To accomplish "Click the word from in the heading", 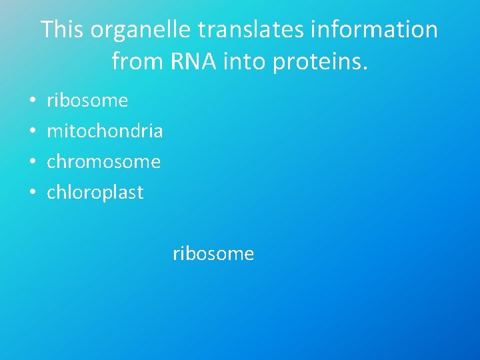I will coord(132,61).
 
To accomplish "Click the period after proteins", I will coord(365,68).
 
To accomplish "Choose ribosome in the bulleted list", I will coord(87,101).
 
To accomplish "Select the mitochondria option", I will coord(105,131).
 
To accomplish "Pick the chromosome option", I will coord(103,162).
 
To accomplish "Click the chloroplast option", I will coord(95,193).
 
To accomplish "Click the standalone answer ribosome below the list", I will coord(213,254).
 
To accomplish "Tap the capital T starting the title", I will coord(47,30).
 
